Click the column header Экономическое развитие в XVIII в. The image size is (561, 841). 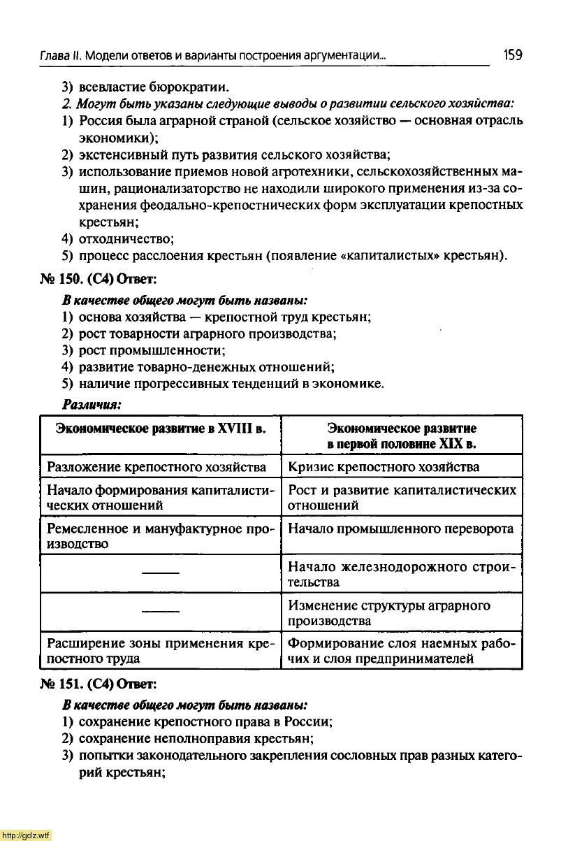160,428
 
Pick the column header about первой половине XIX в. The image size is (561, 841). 402,436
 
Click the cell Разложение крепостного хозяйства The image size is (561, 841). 156,466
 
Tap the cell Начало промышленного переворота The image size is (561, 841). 400,529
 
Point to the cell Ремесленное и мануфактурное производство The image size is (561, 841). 160,535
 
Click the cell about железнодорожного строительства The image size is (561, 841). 402,574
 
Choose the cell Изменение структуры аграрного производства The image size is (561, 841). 389,612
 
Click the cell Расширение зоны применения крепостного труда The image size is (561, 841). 160,650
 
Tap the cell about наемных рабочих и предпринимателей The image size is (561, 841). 402,650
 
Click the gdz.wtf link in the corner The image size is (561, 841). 26,835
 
